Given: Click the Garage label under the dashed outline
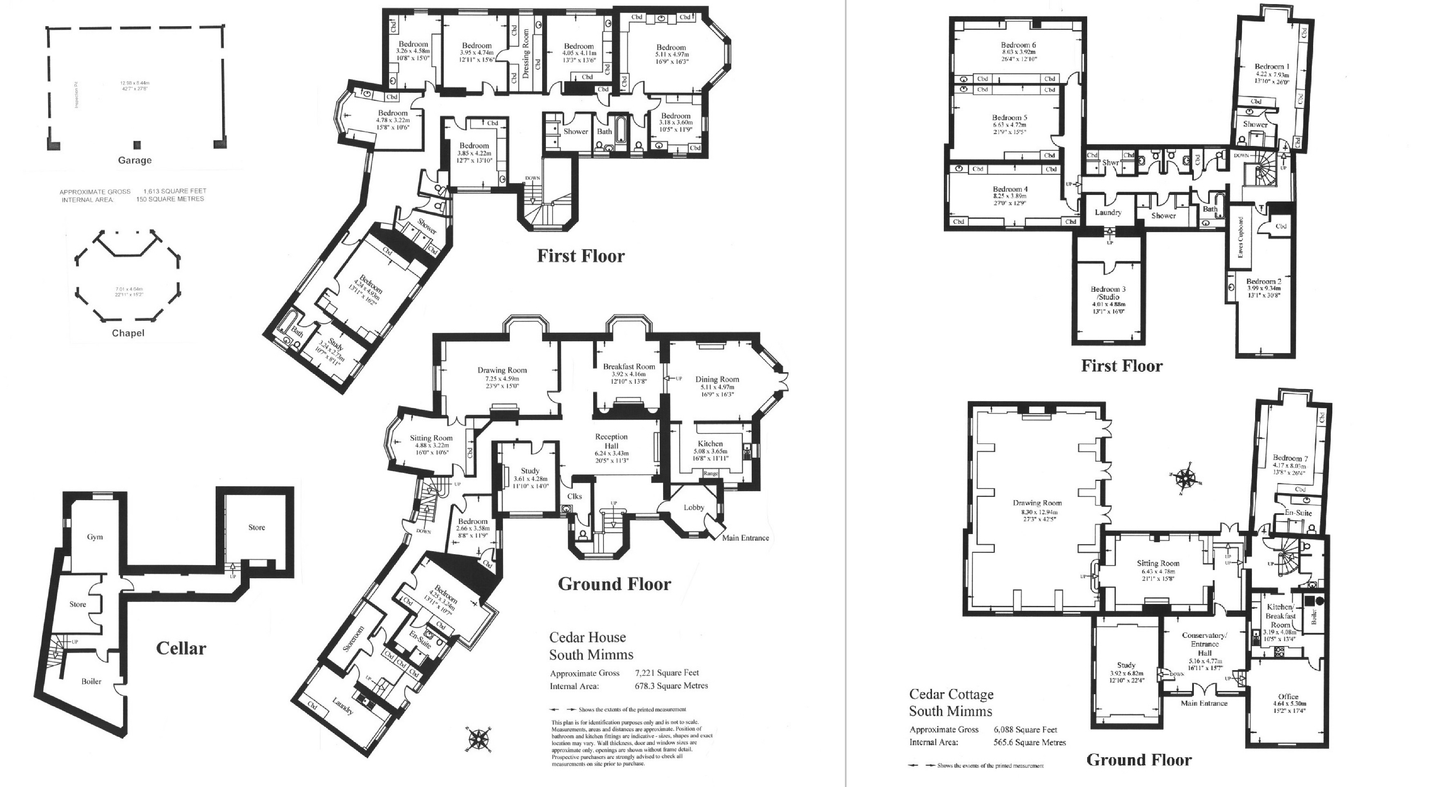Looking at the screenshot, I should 134,161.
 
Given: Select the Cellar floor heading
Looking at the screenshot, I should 181,648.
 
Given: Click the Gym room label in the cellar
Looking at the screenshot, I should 95,537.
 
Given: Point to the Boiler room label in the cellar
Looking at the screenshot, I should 92,681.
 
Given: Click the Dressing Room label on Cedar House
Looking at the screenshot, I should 526,54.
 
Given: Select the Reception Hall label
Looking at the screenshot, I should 611,441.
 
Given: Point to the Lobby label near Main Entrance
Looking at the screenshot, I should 694,507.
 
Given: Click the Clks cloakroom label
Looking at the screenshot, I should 574,496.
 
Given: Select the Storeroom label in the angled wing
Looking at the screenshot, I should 353,639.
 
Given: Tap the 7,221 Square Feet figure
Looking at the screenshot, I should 667,673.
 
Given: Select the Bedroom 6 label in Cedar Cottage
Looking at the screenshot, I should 1019,45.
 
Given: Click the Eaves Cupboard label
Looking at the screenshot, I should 1240,237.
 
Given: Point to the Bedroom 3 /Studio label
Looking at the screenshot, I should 1108,293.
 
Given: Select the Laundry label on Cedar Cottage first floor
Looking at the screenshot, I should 1108,212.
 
